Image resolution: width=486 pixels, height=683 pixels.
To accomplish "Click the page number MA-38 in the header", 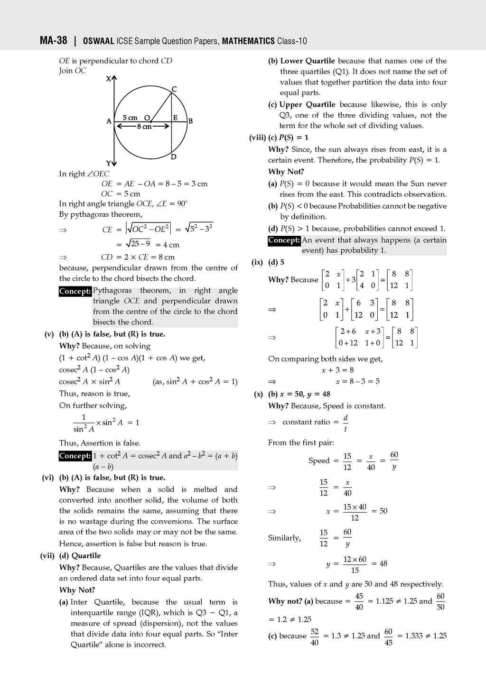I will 53,41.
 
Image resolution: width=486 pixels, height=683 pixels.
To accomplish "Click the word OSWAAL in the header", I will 98,41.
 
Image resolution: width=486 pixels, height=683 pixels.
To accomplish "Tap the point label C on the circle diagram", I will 174,89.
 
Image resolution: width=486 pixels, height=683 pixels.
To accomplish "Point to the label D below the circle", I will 174,157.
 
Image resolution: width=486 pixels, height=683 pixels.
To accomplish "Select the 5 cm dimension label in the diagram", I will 130,118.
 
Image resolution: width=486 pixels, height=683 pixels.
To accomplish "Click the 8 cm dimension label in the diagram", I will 144,127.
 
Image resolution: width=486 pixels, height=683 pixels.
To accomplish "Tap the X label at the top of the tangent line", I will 109,79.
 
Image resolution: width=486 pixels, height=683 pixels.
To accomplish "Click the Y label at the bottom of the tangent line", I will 108,164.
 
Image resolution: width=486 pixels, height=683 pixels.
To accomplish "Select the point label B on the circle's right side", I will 190,121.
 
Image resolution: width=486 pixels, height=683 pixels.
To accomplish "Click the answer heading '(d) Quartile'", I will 80,555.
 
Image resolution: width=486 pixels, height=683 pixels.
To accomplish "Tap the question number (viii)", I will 257,138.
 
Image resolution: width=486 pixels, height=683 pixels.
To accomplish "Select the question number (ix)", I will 257,262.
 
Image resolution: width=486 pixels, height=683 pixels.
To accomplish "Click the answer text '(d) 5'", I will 276,262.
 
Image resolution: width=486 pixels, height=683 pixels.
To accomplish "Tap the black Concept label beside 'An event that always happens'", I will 284,240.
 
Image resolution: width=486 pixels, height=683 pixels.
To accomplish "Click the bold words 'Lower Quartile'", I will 307,61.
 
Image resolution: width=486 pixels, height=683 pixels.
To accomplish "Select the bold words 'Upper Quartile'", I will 307,104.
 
